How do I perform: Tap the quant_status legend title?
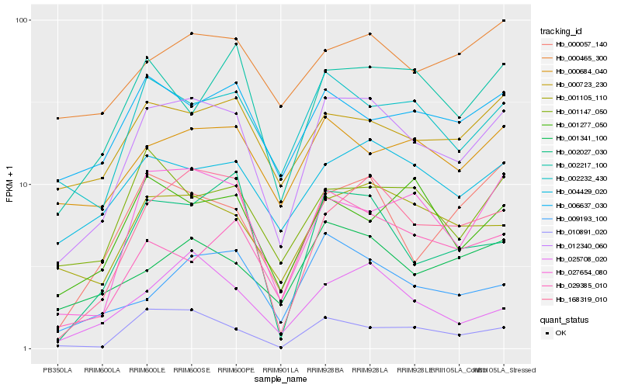[564, 319]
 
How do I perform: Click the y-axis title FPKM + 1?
[10, 185]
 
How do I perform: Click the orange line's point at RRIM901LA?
[281, 106]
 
